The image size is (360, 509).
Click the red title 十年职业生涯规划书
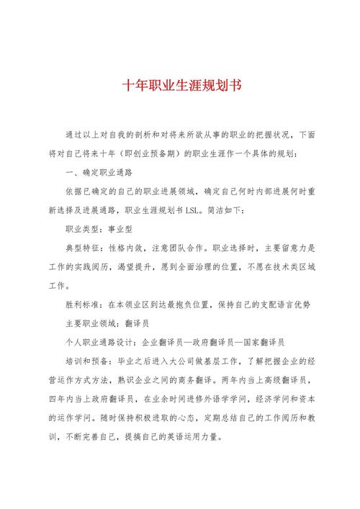click(x=181, y=84)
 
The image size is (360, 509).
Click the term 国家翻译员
click(x=264, y=342)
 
